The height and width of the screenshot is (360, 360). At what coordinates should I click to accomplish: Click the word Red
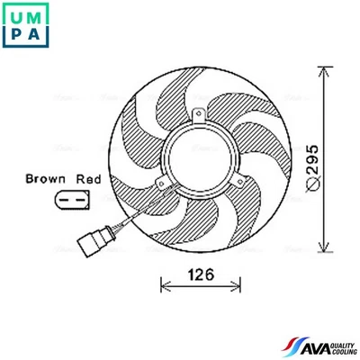pos(88,179)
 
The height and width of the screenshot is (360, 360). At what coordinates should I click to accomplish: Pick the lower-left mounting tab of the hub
pos(161,186)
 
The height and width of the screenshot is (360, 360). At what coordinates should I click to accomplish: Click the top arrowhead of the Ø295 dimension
pos(324,69)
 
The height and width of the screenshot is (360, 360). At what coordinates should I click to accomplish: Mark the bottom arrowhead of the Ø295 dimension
pos(324,249)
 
